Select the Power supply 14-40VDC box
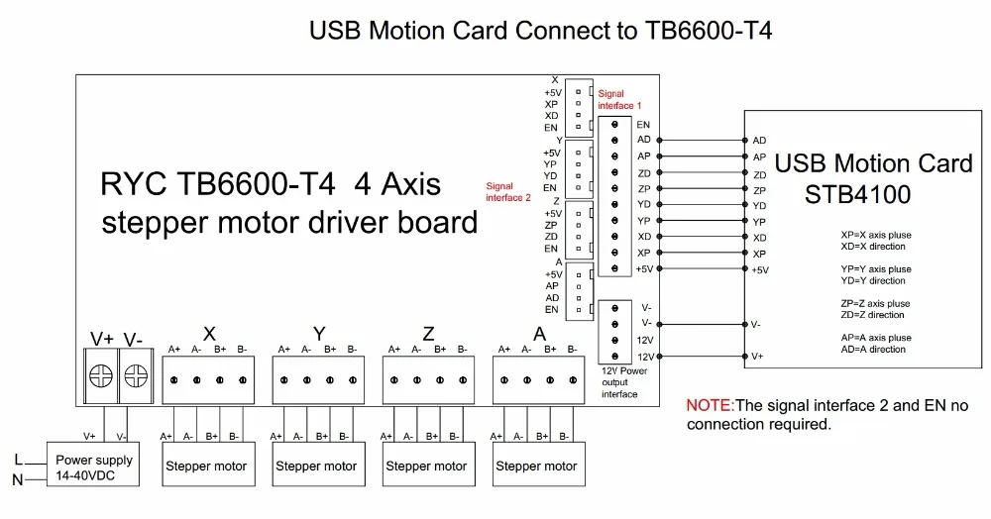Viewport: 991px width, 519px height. pos(93,466)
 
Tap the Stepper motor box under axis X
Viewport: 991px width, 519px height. pos(206,466)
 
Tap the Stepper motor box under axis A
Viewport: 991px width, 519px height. pos(536,466)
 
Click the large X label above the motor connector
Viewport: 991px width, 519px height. pos(208,334)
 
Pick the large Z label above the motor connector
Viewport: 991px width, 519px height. pos(428,334)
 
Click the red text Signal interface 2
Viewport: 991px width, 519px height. pos(508,190)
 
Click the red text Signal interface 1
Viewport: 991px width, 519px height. pos(619,99)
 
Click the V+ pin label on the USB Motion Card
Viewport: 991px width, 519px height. pos(758,357)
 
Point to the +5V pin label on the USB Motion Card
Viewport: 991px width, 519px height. pos(760,270)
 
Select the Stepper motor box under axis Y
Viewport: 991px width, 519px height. pos(316,466)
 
